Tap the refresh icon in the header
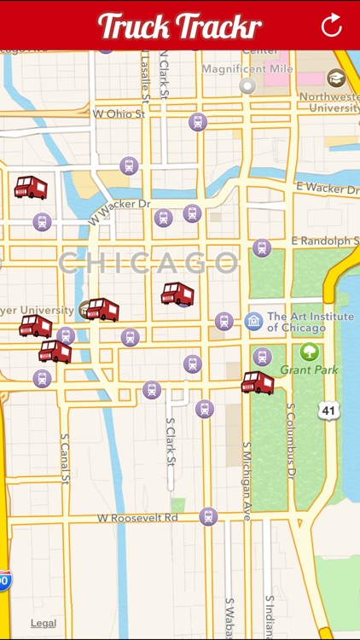click(331, 25)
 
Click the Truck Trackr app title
click(180, 26)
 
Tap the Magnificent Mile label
click(248, 68)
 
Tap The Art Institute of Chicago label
click(297, 322)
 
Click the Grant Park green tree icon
click(309, 351)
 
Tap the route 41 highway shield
click(329, 410)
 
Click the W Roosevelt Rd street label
click(137, 517)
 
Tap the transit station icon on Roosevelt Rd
click(208, 516)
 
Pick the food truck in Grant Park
click(257, 381)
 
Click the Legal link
click(44, 623)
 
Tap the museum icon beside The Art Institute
click(253, 321)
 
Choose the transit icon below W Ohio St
click(197, 122)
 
